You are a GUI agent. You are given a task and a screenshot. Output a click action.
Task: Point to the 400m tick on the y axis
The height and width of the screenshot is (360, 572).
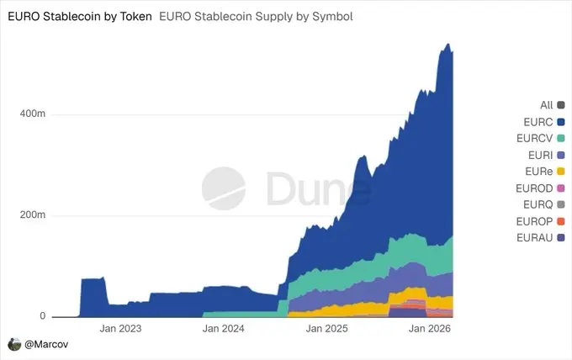click(31, 114)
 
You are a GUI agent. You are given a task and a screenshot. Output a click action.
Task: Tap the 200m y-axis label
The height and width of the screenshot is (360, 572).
click(31, 215)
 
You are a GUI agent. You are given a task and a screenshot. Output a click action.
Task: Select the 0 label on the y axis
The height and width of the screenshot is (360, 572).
click(41, 316)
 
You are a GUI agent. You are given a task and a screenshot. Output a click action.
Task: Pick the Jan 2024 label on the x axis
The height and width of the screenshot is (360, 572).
click(224, 330)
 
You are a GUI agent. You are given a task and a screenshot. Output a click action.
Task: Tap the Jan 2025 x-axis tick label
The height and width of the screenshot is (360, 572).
click(326, 330)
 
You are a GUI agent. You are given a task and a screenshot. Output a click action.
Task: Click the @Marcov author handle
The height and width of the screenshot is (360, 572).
click(40, 345)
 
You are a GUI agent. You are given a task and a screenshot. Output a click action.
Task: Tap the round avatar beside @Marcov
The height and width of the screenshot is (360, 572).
click(13, 345)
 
